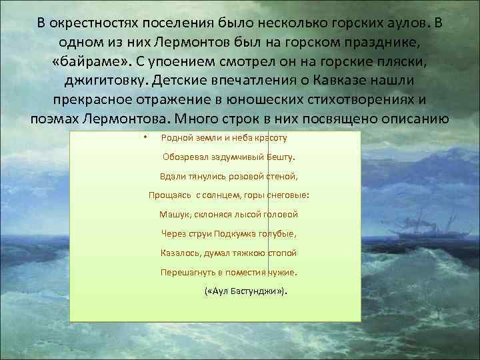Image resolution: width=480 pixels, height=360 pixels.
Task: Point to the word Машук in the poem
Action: tap(173, 215)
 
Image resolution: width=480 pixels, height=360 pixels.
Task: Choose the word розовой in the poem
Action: tap(228, 177)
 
